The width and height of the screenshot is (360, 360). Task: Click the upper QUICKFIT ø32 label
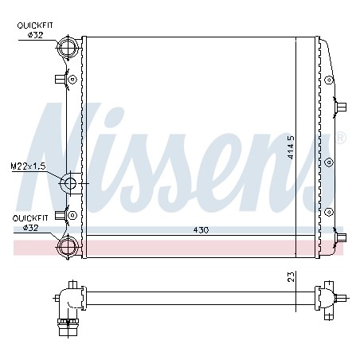click(x=35, y=30)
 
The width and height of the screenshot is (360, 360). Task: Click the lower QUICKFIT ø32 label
click(x=30, y=223)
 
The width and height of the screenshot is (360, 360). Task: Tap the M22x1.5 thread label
click(x=28, y=166)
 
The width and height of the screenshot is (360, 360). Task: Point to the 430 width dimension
click(x=201, y=230)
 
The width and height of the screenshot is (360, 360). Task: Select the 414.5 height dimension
click(x=292, y=147)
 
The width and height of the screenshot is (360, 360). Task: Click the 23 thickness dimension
click(x=292, y=276)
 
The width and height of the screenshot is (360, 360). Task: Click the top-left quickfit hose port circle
click(x=68, y=47)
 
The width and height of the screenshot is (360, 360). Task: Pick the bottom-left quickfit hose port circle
click(x=68, y=246)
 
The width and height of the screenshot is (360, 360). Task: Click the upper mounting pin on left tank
click(x=61, y=79)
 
